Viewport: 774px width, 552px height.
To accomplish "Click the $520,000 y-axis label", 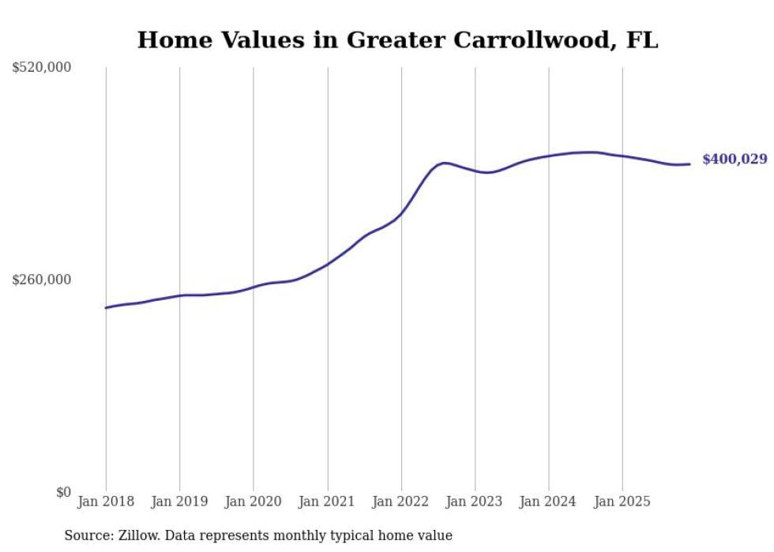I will (x=42, y=68).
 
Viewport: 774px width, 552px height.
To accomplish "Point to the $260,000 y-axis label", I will (x=42, y=280).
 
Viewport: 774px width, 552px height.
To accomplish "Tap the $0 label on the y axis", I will (x=63, y=492).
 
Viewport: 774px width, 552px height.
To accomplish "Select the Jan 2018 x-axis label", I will (x=106, y=501).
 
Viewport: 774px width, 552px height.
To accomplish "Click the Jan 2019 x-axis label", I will (x=179, y=501).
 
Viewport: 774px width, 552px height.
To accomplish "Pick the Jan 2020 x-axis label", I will (x=254, y=501).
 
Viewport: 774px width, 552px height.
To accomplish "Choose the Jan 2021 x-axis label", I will (x=327, y=501).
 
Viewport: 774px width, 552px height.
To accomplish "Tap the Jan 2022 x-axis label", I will (x=401, y=501).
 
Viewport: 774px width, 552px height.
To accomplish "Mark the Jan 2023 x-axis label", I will (x=475, y=501).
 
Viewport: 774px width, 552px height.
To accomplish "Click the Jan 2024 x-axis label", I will (x=549, y=501).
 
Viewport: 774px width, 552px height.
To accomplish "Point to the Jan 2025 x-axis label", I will (x=622, y=501).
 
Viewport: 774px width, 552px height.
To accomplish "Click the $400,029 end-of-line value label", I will (x=735, y=160).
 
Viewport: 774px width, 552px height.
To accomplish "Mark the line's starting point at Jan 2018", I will (x=106, y=308).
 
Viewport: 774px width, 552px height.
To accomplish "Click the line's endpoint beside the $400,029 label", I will (x=690, y=164).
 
